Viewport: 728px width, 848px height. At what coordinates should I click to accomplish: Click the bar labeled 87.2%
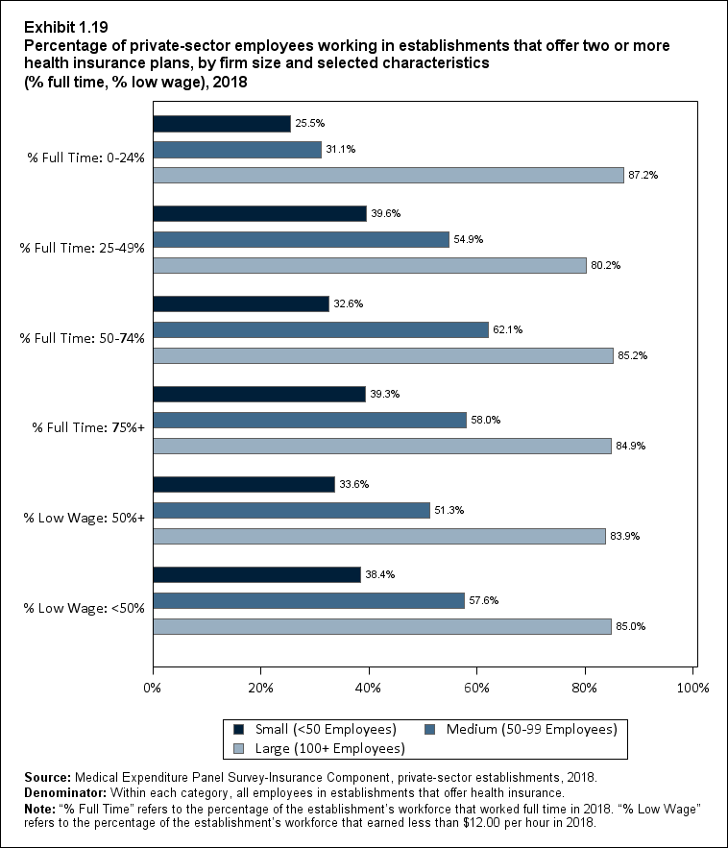coord(388,175)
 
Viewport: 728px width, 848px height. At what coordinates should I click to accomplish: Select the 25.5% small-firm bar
coord(222,124)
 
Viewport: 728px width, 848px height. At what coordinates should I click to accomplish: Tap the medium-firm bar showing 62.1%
coord(321,329)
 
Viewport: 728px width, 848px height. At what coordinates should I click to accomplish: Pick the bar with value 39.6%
coord(259,213)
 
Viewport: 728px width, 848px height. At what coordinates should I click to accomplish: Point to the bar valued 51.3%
coord(291,511)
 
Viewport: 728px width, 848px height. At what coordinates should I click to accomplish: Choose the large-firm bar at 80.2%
coord(369,265)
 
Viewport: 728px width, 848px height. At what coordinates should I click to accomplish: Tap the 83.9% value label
coord(625,537)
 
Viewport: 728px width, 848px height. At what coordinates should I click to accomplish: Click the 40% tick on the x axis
coord(369,688)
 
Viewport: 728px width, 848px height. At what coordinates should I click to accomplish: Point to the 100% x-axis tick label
coord(692,688)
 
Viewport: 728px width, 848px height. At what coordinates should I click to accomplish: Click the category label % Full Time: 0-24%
coord(83,156)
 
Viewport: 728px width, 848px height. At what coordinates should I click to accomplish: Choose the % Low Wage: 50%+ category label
coord(83,517)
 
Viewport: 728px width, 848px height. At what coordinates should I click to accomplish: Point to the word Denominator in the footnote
coord(54,793)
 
